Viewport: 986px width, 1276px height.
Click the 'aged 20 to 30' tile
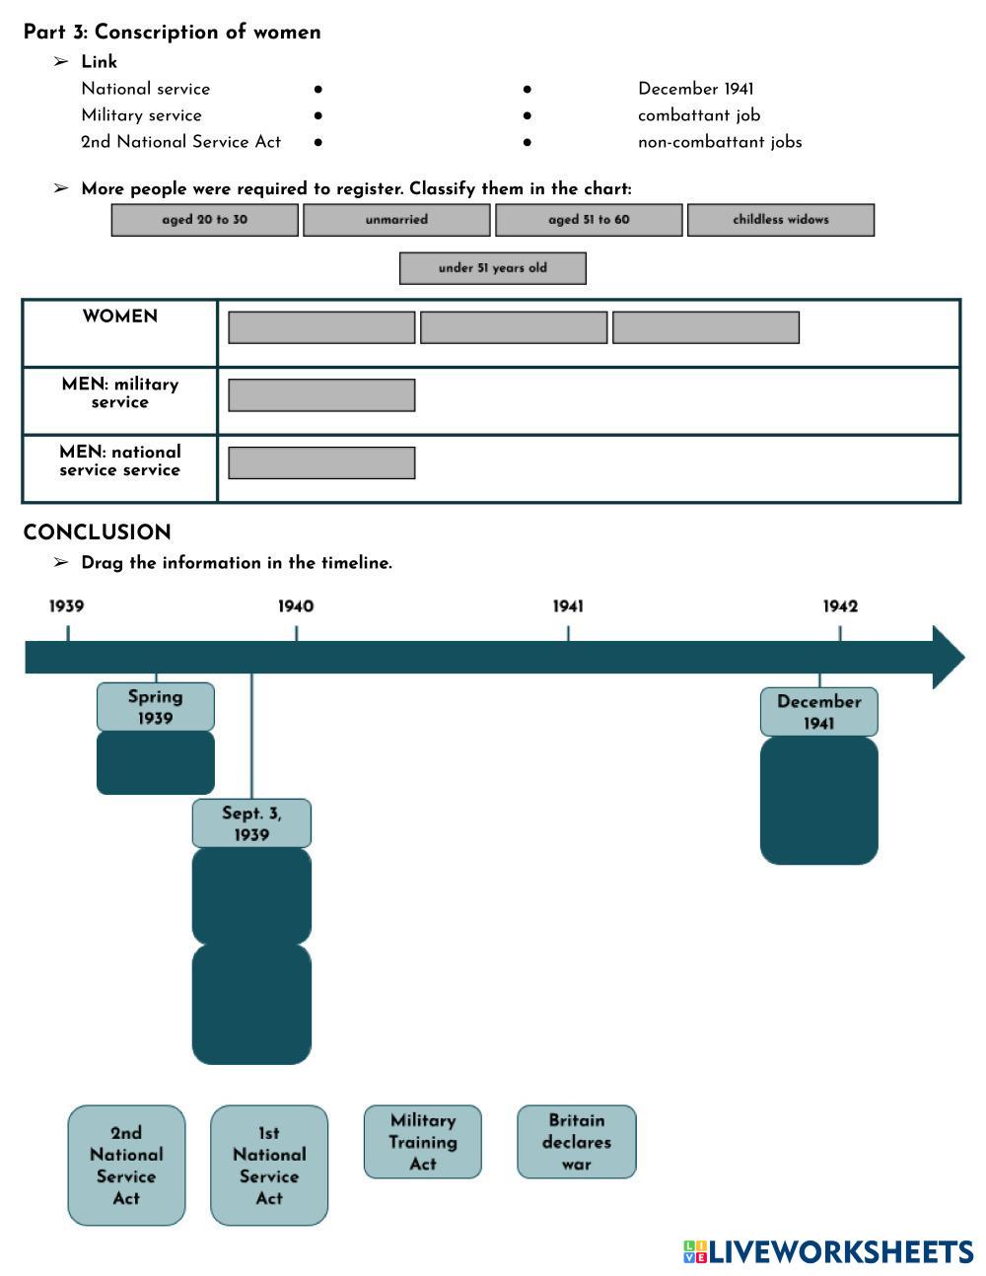204,220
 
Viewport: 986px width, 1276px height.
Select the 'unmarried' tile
396,220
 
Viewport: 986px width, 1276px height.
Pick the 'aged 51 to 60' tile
589,220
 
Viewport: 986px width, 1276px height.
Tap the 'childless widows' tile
781,220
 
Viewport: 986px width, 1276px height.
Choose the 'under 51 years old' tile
493,268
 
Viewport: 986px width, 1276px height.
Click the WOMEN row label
120,317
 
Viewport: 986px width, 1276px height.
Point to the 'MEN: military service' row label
120,392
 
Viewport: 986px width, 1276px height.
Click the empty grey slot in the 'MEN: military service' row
321,395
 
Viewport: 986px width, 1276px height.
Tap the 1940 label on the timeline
296,606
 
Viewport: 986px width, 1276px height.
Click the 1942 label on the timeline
840,606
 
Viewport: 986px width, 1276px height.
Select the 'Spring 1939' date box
156,707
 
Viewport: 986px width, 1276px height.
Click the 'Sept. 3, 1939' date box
251,823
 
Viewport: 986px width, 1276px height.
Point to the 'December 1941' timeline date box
818,712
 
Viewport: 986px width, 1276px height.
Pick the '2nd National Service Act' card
126,1166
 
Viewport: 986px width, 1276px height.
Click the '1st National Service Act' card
269,1166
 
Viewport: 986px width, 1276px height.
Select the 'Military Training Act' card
423,1142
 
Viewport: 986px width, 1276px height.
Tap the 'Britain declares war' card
577,1142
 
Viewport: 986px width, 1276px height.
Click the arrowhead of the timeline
948,657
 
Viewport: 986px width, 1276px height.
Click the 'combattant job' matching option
698,115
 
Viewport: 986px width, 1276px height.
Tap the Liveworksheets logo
828,1251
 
